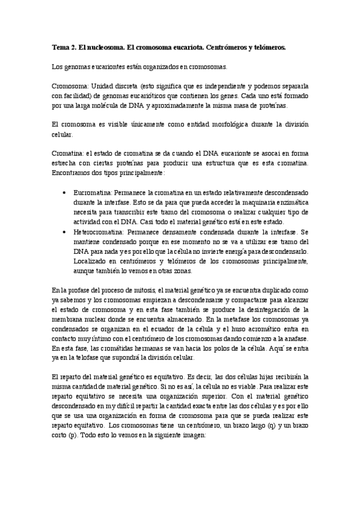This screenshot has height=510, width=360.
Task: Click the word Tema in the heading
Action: [61, 46]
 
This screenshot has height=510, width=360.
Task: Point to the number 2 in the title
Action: [75, 46]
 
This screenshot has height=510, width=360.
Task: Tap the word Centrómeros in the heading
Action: [220, 46]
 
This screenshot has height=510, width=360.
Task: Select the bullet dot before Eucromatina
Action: [65, 194]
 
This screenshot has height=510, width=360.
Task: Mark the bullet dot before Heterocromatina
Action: [65, 232]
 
